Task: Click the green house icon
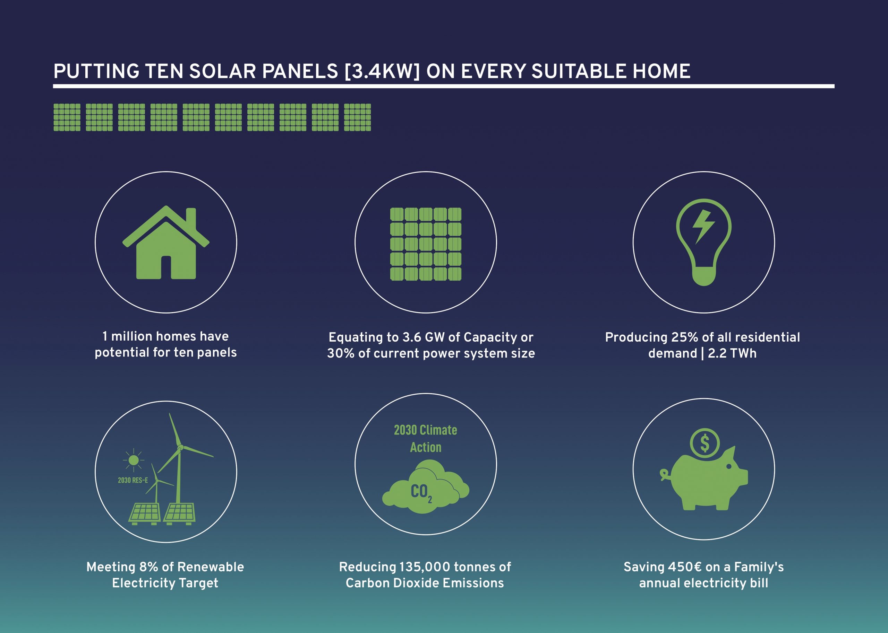[x=166, y=243]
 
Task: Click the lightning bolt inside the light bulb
[x=703, y=227]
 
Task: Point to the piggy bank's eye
[x=729, y=466]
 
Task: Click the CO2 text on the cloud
[x=421, y=492]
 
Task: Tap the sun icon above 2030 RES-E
[x=134, y=460]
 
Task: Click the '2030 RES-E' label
[x=133, y=480]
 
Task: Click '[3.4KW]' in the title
[x=382, y=71]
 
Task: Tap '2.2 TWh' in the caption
[x=732, y=353]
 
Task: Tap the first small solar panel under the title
[x=67, y=117]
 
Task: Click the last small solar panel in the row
[x=357, y=117]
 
